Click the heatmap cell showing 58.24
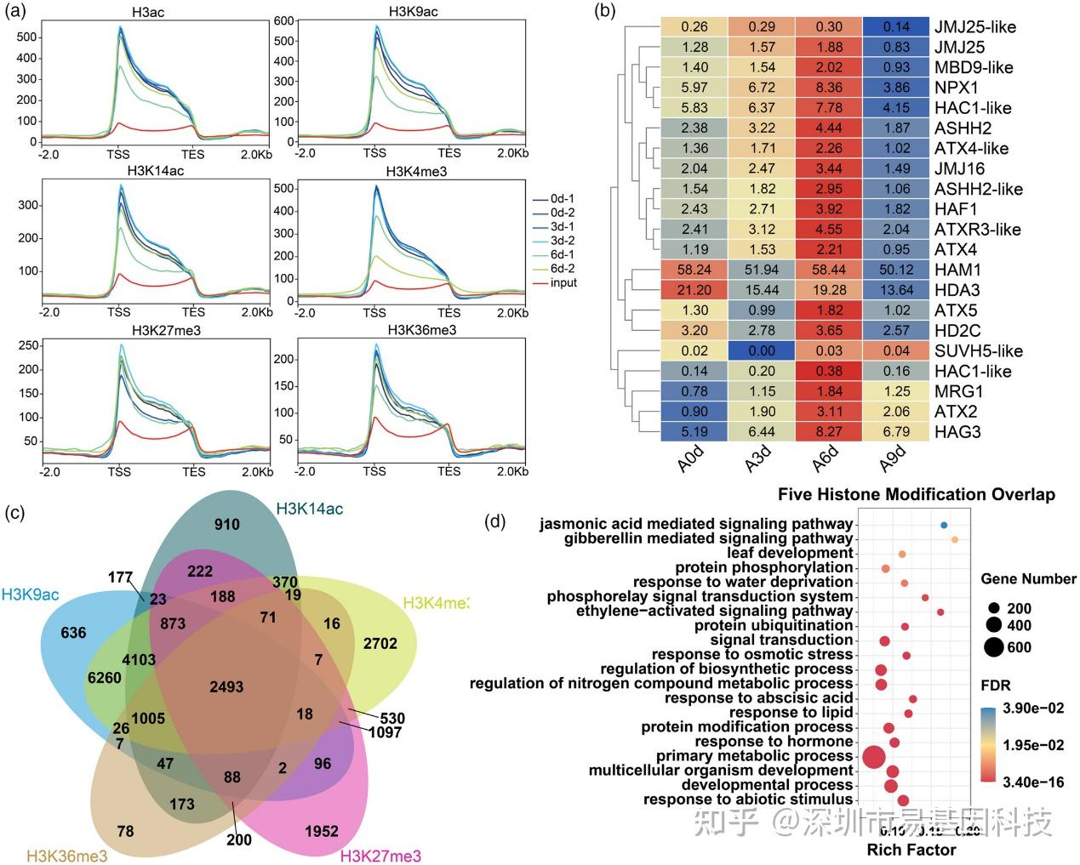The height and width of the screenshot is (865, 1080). (x=694, y=270)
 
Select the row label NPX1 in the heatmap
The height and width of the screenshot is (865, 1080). (x=956, y=88)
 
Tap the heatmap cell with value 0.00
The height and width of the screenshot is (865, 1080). (x=761, y=350)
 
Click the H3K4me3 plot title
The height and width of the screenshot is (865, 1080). (x=416, y=172)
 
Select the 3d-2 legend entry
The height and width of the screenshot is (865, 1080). (x=562, y=241)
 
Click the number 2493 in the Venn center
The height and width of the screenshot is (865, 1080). (x=226, y=686)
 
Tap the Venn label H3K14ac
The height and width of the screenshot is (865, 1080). (x=310, y=509)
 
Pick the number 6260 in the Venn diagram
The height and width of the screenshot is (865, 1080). (x=104, y=678)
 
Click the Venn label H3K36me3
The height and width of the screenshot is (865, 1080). (x=67, y=856)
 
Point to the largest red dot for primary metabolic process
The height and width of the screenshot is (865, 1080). (x=873, y=756)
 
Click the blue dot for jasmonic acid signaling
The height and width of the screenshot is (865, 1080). (x=944, y=526)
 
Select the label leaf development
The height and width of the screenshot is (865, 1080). (x=790, y=553)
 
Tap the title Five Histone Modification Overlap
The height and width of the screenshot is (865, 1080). (x=916, y=494)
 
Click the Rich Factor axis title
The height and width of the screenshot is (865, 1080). (x=911, y=849)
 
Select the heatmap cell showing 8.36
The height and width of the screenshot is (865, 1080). (x=828, y=88)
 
